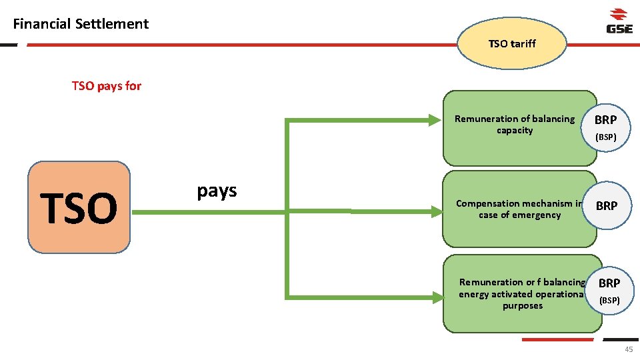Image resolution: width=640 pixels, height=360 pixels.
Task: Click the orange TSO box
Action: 79,207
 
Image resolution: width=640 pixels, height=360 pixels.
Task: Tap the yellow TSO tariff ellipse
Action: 511,44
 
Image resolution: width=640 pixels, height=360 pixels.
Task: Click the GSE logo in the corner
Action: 619,21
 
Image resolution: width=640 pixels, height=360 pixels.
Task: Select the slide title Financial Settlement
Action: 81,24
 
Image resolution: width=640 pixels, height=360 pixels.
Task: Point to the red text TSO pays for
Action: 107,86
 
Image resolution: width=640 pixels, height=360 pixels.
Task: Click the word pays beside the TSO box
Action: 217,191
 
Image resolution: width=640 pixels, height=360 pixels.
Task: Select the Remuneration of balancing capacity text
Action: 514,125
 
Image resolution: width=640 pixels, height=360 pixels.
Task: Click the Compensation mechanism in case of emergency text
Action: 519,209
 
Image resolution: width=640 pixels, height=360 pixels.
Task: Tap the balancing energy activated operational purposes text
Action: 522,294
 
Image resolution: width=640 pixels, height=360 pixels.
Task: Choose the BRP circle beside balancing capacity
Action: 606,127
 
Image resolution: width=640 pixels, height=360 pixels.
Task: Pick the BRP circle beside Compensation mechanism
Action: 606,205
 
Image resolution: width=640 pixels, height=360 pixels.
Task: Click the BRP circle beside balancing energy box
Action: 609,290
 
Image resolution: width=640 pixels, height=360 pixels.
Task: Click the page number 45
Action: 629,350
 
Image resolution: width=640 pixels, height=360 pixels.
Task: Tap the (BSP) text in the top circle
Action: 606,137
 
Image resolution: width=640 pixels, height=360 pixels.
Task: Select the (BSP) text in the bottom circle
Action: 609,301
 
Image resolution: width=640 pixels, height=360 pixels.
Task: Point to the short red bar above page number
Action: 557,339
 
